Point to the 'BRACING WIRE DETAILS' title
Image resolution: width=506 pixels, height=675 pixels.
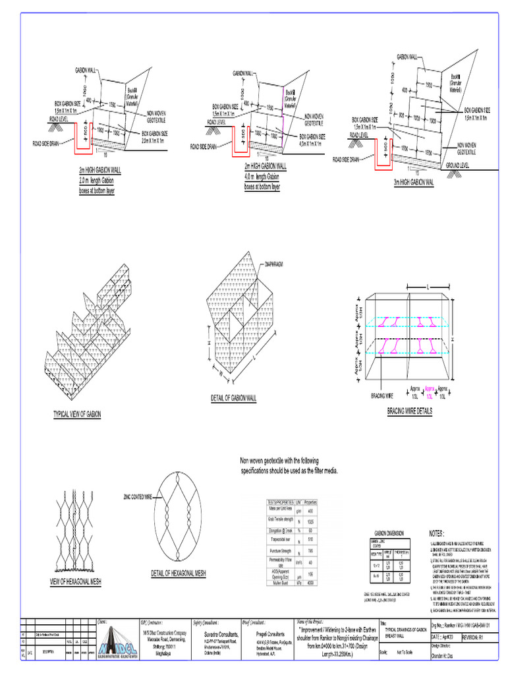click(409, 411)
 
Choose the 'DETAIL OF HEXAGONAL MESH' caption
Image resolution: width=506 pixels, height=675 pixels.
click(178, 573)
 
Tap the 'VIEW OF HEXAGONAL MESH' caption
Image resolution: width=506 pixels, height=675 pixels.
click(75, 581)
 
